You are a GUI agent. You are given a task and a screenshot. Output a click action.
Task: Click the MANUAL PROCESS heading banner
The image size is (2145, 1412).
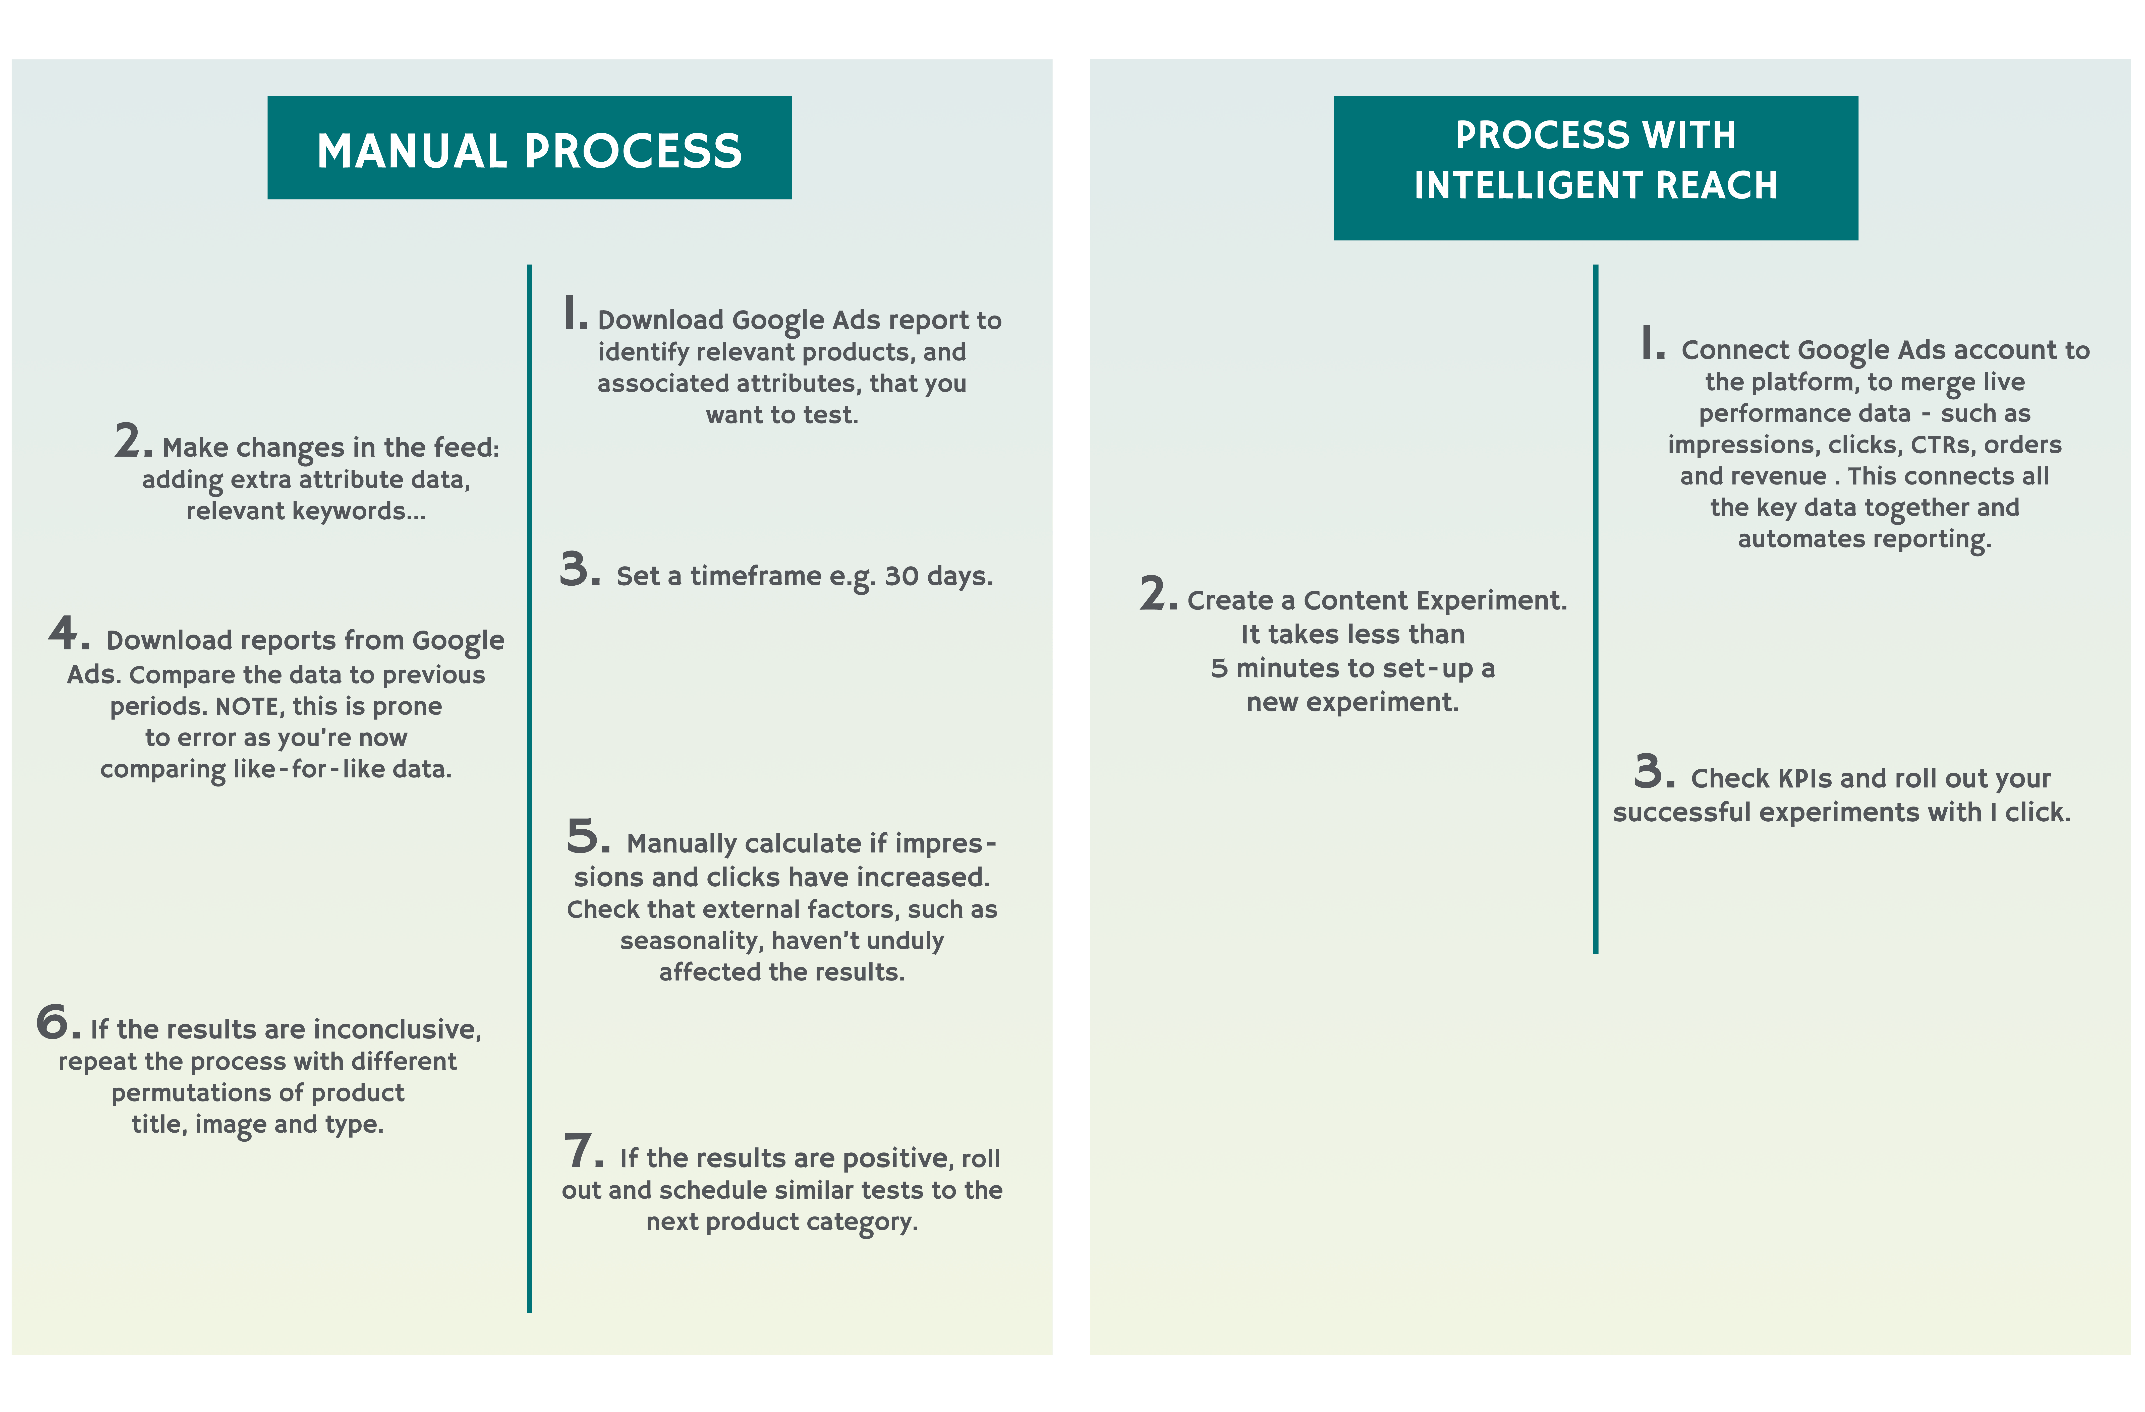529,148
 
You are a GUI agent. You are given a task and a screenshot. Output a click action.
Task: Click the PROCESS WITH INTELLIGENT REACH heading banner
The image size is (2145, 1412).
1595,168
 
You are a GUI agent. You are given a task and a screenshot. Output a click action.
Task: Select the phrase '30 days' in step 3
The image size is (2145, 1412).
938,576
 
